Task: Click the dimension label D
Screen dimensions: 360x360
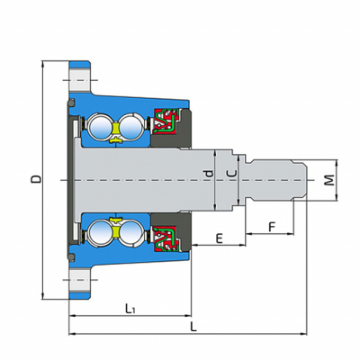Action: click(37, 179)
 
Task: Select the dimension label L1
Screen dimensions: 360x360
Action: click(130, 308)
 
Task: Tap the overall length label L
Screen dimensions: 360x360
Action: click(194, 327)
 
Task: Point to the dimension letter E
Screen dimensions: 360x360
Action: click(220, 238)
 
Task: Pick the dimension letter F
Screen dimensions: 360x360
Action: click(272, 227)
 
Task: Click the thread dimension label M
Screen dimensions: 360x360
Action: click(329, 180)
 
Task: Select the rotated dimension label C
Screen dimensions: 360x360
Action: click(232, 174)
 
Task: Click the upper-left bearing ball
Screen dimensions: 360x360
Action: click(101, 126)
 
